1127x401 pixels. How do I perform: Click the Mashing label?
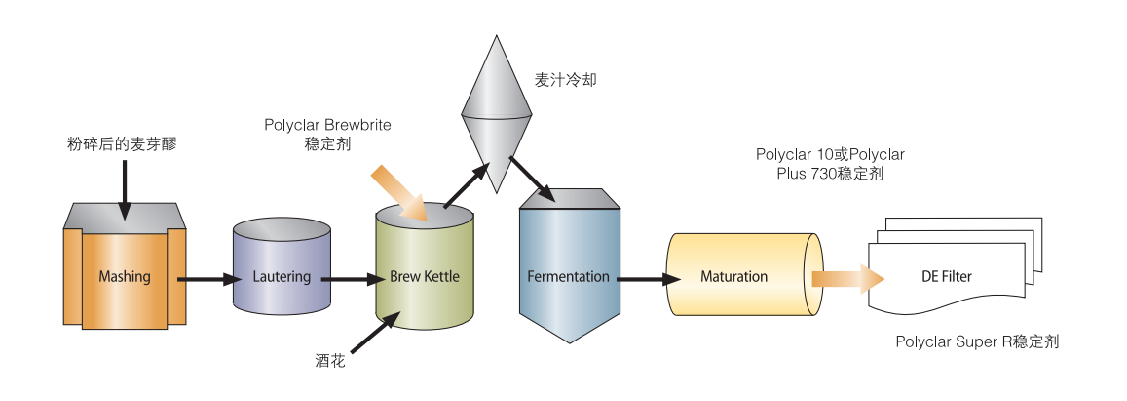(125, 276)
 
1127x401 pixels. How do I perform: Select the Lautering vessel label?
(282, 276)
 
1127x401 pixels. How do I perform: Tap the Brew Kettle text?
(424, 276)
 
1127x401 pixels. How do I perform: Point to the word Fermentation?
(568, 276)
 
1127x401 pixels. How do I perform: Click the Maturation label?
(733, 276)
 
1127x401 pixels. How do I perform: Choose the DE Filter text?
(947, 276)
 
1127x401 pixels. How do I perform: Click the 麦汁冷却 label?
(566, 80)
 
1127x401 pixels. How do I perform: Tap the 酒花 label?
(330, 360)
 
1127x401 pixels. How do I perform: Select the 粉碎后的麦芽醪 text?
(121, 144)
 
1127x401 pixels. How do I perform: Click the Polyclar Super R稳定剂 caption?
(978, 341)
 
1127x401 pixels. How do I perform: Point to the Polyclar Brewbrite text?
(327, 125)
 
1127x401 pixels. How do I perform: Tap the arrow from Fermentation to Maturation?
(650, 279)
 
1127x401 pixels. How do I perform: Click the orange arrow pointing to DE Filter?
(848, 279)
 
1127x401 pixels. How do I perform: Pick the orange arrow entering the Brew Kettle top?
(399, 192)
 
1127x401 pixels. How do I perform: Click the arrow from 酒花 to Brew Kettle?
(374, 333)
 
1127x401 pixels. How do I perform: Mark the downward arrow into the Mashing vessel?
(125, 190)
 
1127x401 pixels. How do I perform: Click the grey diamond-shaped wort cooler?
(496, 114)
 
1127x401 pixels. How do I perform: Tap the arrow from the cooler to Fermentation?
(532, 180)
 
